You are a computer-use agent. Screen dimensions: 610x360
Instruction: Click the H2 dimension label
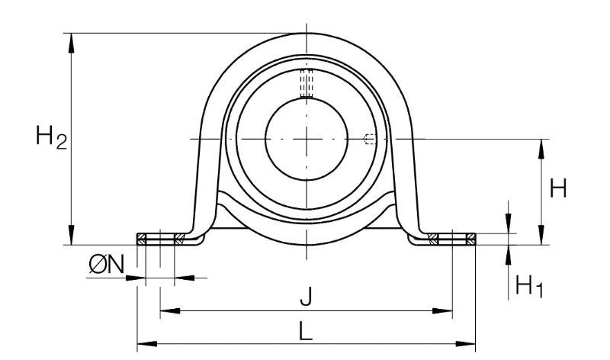pyautogui.click(x=51, y=137)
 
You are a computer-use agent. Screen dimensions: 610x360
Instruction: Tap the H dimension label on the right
pyautogui.click(x=558, y=188)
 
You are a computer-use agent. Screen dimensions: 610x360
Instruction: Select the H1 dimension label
pyautogui.click(x=528, y=286)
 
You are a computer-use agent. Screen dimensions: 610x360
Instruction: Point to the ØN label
pyautogui.click(x=106, y=265)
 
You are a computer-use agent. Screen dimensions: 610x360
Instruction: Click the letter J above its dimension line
pyautogui.click(x=307, y=297)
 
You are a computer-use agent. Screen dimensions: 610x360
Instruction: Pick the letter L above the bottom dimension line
pyautogui.click(x=307, y=331)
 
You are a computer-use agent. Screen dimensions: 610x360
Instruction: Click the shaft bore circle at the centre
pyautogui.click(x=307, y=139)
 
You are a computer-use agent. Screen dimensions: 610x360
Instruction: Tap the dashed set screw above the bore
pyautogui.click(x=307, y=83)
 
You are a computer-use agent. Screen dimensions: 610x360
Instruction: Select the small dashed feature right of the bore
pyautogui.click(x=370, y=139)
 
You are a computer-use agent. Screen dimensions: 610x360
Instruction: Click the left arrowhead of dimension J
pyautogui.click(x=170, y=311)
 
